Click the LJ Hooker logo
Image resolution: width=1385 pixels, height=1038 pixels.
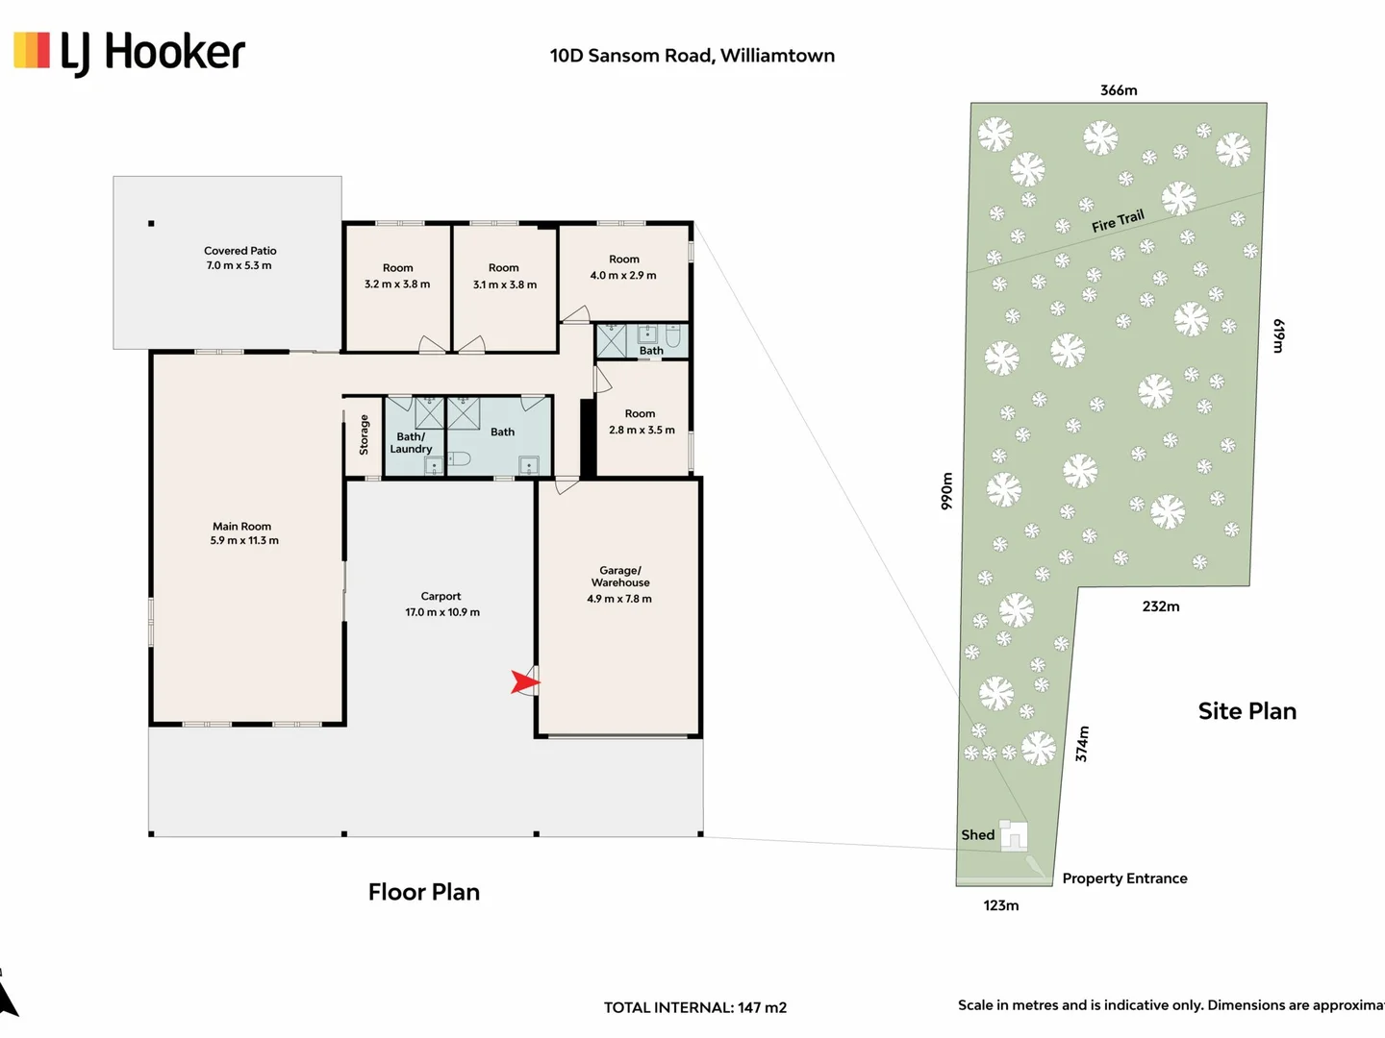coord(129,53)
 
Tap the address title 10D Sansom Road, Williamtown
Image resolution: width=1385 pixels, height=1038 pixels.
coord(692,56)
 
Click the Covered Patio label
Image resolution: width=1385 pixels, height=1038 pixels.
coord(239,251)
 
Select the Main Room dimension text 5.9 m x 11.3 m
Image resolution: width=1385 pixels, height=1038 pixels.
coord(244,541)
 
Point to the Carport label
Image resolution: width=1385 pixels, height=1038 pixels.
coord(441,596)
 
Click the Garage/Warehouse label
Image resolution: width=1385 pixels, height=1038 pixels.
coord(620,576)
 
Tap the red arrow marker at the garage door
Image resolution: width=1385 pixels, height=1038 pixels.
coord(524,682)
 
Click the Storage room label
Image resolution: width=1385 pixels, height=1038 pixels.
coord(365,434)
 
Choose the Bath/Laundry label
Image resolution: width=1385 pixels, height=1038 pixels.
coord(411,442)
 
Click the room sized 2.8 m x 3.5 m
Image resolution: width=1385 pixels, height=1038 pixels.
coord(642,422)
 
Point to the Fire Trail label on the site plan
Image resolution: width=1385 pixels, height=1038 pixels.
coord(1118,221)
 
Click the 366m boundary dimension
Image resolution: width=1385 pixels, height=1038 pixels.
coord(1119,90)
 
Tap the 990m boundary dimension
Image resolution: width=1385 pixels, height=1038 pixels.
coord(946,491)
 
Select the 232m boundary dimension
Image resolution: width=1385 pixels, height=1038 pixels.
coord(1161,606)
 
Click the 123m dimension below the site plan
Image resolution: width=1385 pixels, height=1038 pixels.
coord(1000,905)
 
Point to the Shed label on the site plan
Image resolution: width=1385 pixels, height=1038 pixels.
coord(977,835)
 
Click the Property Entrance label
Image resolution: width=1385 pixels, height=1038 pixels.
coord(1125,879)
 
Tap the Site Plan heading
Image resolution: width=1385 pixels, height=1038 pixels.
coord(1247,711)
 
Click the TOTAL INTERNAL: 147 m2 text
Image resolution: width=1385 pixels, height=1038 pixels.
coord(695,1008)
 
